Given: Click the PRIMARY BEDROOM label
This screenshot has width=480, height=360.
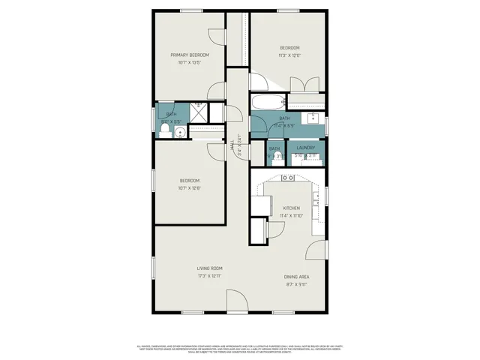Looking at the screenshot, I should click(189, 55).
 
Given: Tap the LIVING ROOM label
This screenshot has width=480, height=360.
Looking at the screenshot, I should click(209, 268).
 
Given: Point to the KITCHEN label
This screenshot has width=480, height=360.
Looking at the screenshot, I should click(291, 208).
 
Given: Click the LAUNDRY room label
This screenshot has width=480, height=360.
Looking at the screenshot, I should click(305, 148).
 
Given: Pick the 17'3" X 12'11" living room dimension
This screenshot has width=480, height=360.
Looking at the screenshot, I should click(209, 275).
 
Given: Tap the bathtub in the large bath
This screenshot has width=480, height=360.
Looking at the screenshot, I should click(265, 103).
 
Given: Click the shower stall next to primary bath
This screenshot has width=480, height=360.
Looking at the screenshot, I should click(200, 112).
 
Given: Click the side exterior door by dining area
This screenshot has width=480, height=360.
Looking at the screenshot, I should click(319, 250).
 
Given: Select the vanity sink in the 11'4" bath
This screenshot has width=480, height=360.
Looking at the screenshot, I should click(313, 117).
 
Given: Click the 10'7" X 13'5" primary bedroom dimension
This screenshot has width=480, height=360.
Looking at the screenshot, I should click(189, 62).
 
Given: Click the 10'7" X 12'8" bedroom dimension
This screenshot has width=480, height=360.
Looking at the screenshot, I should click(189, 187).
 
